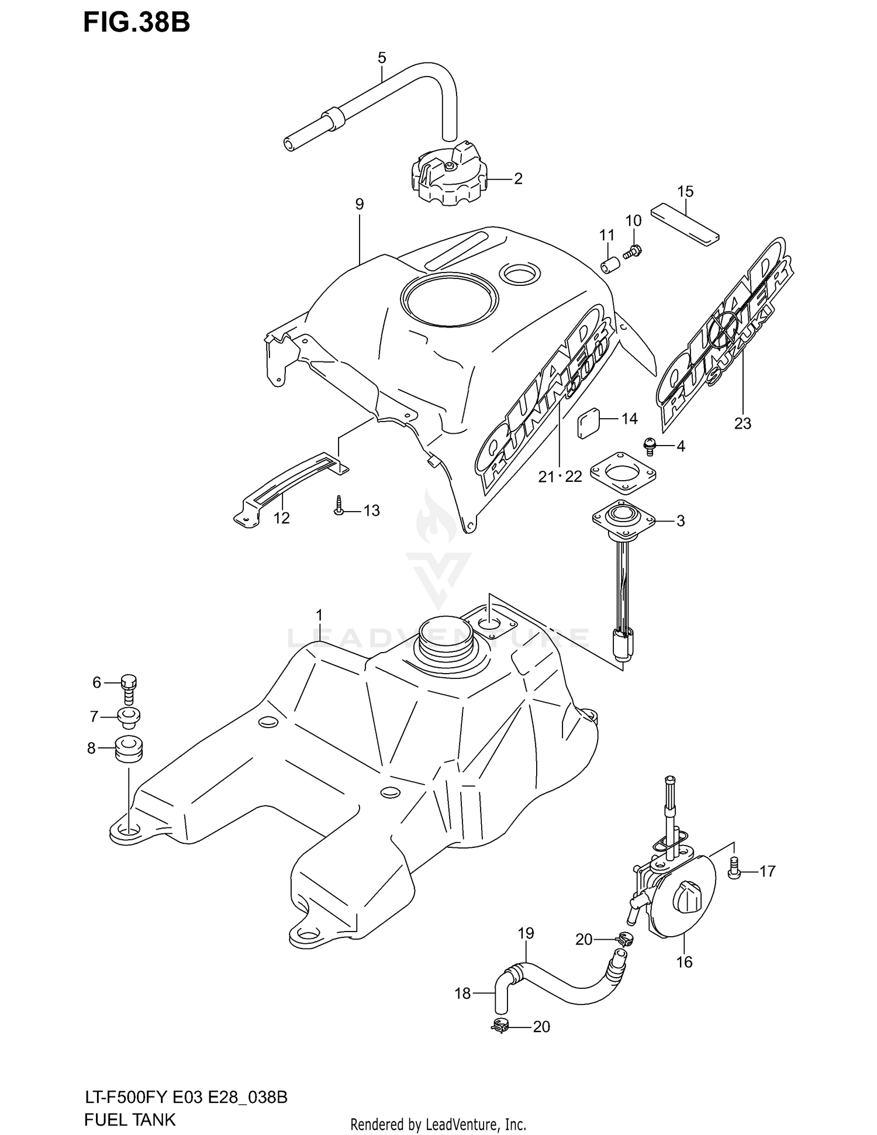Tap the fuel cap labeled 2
click(x=447, y=175)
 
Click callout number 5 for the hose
click(x=382, y=58)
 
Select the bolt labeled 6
click(x=129, y=689)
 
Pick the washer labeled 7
click(x=129, y=716)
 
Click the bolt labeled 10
click(x=632, y=252)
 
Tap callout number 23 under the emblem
click(x=743, y=423)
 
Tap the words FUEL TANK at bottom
click(x=130, y=1119)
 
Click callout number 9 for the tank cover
click(x=359, y=204)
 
